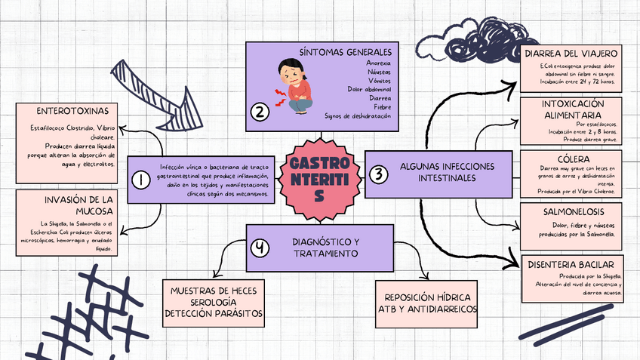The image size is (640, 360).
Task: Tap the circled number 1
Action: pos(140,179)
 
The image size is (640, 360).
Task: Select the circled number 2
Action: pos(260,113)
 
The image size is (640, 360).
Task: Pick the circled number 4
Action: pos(260,248)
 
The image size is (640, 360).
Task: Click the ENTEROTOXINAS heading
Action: pos(66,110)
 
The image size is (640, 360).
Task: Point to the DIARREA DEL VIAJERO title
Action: pos(572,54)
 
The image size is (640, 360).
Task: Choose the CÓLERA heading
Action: pos(572,159)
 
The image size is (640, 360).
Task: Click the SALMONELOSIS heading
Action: pos(572,212)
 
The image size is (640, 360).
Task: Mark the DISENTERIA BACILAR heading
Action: pos(572,264)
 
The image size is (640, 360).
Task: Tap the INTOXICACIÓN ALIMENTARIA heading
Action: pos(572,109)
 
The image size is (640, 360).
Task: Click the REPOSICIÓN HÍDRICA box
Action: pos(427,303)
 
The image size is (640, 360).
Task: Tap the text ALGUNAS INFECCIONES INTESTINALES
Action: pos(448,171)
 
